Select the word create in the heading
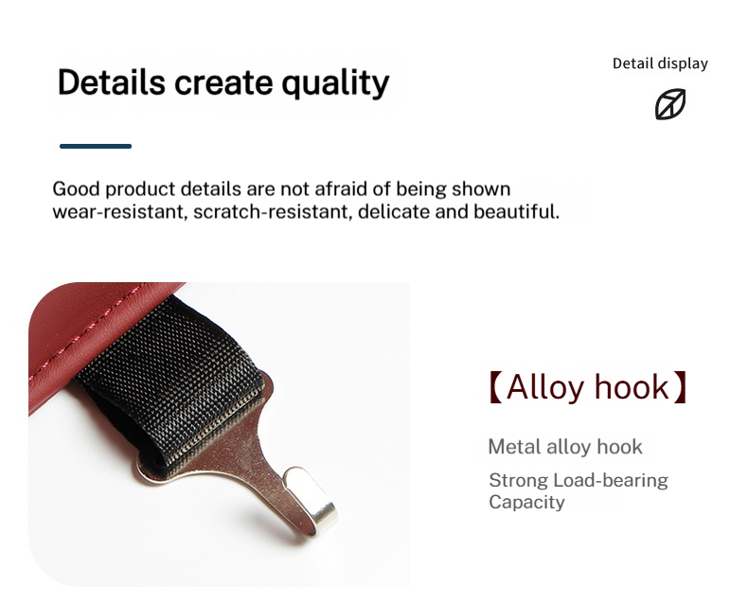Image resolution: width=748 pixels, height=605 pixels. (222, 82)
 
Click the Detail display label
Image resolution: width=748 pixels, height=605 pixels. (660, 63)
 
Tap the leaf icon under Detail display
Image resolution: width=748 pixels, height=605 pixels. (670, 104)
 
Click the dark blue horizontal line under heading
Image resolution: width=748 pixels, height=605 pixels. (96, 146)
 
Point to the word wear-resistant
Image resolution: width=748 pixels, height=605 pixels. (118, 211)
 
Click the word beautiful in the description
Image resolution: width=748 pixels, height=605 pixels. (515, 211)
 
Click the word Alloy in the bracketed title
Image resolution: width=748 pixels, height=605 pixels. (545, 387)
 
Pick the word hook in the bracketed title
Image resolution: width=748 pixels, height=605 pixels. (630, 387)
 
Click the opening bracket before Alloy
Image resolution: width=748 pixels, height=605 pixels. (495, 387)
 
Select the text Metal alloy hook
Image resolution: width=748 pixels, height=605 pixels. (565, 447)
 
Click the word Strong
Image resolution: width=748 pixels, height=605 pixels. (518, 480)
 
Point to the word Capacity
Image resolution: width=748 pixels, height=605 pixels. (526, 502)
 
